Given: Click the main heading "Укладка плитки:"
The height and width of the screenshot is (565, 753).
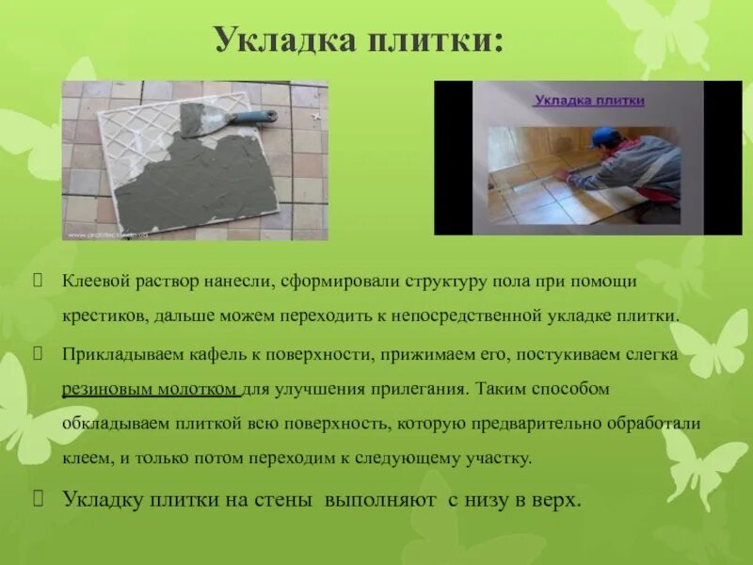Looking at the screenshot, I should pos(359,40).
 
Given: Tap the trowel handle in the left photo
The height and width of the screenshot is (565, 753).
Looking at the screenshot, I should pos(255,118).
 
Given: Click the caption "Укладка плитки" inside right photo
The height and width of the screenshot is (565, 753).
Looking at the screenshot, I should pos(589,99).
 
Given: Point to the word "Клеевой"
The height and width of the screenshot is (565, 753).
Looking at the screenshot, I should pos(94,282).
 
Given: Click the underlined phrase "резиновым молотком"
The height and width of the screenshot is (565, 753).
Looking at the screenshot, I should pos(151,388).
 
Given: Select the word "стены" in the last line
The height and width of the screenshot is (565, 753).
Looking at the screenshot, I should pos(288,500).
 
